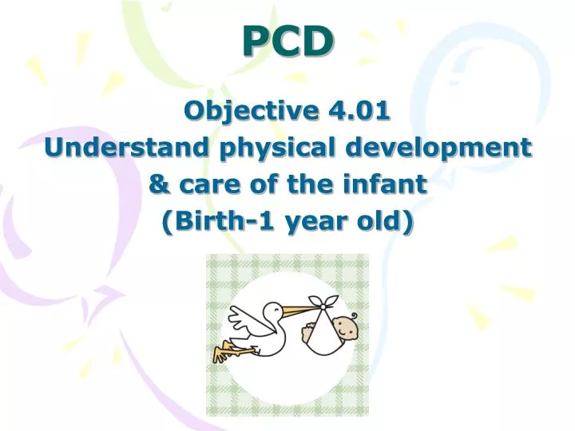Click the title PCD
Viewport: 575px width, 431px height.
tap(287, 42)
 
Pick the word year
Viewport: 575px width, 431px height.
tap(315, 221)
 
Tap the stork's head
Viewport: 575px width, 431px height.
tap(274, 309)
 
